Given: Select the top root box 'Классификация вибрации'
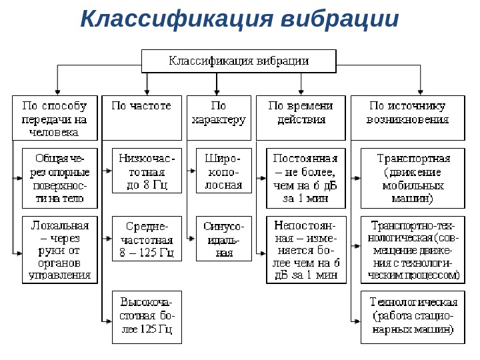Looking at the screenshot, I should (x=239, y=61).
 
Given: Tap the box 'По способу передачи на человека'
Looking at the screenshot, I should (x=55, y=117).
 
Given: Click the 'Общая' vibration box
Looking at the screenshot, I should (x=59, y=178).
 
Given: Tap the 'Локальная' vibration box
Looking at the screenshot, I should (x=59, y=249).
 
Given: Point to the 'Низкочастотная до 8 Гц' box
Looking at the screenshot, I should (x=147, y=170).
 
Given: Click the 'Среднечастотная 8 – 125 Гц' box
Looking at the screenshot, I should (x=147, y=239).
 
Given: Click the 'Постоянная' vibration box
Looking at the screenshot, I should (x=306, y=178).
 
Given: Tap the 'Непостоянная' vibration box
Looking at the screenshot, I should (x=306, y=249).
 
